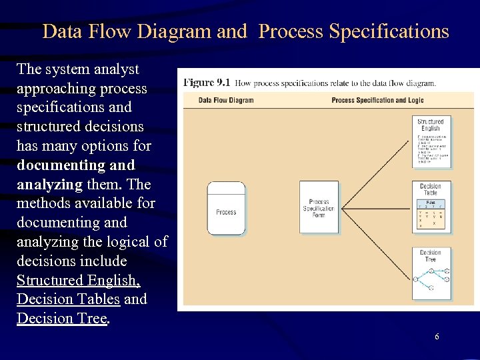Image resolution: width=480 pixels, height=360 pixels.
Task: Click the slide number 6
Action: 437,337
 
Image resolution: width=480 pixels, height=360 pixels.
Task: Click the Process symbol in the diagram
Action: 226,208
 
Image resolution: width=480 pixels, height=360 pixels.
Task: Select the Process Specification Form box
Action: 319,207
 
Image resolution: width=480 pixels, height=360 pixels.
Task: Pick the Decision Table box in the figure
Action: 431,207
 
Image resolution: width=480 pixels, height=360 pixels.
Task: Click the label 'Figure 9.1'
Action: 207,83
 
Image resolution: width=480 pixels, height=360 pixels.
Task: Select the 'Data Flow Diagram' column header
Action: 226,100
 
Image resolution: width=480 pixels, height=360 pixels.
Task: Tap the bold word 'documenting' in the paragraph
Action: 57,165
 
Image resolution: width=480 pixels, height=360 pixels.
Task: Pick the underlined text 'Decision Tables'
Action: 68,299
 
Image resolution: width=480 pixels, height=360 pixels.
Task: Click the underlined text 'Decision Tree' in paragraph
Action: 61,319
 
